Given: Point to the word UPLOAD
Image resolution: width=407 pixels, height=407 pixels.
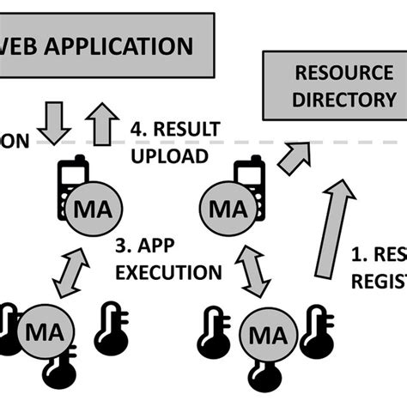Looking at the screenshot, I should (170, 155).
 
